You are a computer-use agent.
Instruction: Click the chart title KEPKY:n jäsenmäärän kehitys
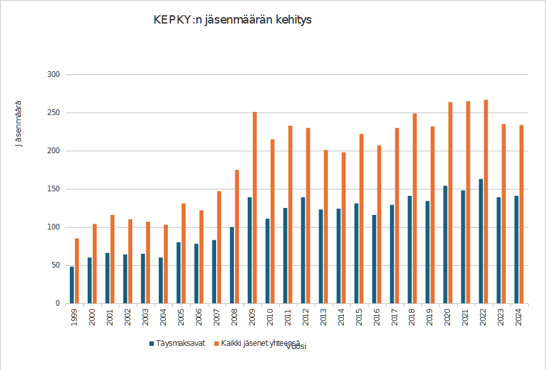point(232,20)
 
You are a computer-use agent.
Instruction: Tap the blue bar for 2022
point(481,241)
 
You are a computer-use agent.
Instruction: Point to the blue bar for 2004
point(161,280)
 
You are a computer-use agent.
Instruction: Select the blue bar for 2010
point(268,261)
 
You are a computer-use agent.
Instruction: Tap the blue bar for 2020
point(445,244)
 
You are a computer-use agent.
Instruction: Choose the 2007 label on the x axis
point(217,317)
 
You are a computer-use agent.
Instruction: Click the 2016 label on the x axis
point(377,317)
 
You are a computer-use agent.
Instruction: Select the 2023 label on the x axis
point(502,317)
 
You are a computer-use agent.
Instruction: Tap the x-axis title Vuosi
point(297,347)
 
